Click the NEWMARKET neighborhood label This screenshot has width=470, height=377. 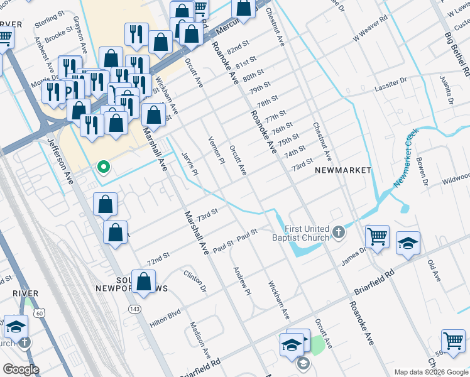(x=342, y=170)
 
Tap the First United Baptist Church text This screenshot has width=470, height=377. (x=307, y=233)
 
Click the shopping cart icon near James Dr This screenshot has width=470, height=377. (x=377, y=238)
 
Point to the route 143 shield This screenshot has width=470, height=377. (x=133, y=309)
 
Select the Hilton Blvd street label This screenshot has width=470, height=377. (x=165, y=319)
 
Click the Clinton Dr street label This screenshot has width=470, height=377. (x=195, y=281)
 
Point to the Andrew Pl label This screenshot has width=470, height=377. (x=243, y=281)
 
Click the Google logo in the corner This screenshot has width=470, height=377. (x=21, y=369)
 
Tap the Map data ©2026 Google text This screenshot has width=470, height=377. (x=430, y=372)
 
